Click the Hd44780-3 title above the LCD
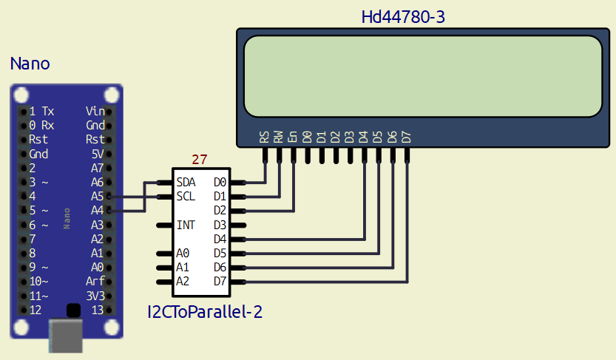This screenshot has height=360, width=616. coord(403,16)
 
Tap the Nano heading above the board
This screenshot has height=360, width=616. coord(30,64)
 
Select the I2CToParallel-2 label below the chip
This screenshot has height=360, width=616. coord(205,312)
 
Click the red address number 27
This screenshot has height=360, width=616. coord(200,159)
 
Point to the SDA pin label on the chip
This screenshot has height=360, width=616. coord(186,182)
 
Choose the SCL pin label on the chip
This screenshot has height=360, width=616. coord(186,196)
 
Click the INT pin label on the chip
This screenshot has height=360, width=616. coord(186,225)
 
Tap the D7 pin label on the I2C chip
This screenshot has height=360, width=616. coord(220,282)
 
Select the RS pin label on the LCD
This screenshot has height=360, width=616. coord(264,137)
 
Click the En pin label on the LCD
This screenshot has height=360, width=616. coord(293,137)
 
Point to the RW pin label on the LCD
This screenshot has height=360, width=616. coord(279,137)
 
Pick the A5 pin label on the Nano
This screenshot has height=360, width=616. coord(97,197)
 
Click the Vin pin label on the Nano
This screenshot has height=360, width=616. coord(95,111)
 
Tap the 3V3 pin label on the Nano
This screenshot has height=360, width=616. coord(95,296)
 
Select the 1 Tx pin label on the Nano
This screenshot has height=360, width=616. coord(41,111)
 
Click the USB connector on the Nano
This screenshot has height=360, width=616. coord(66,337)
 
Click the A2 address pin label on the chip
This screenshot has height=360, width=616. coord(183,282)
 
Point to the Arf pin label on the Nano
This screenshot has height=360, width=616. coord(95,282)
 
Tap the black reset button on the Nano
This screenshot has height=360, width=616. coord(72,310)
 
